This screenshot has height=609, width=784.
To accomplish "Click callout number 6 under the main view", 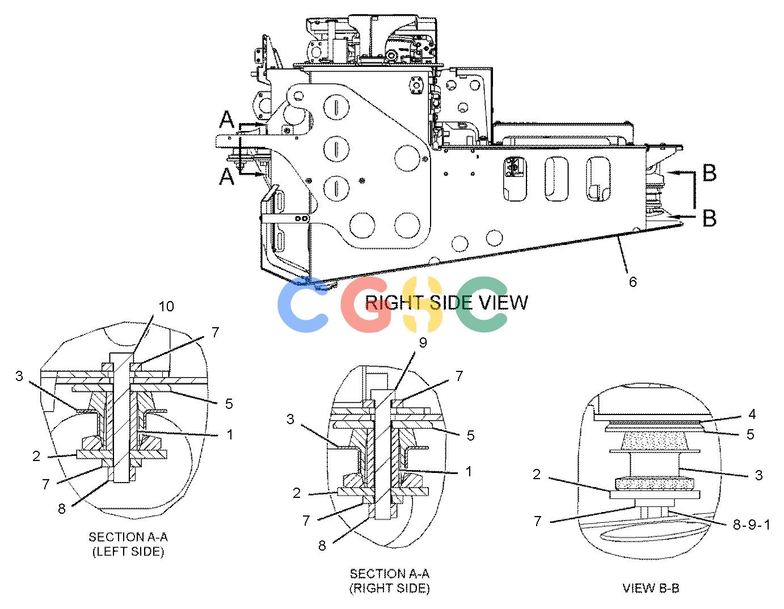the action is [x=633, y=282].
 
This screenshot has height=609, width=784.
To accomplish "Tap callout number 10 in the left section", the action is [x=166, y=306].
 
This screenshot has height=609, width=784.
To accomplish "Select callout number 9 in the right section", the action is [x=423, y=342].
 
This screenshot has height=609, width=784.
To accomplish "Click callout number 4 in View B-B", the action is [x=752, y=415].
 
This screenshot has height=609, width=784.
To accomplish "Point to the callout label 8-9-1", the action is [x=752, y=525].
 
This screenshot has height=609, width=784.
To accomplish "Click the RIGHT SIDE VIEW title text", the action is [x=446, y=303].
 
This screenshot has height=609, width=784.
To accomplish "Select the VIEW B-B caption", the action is [x=651, y=589].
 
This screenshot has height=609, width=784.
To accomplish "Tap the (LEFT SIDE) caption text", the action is [x=128, y=552].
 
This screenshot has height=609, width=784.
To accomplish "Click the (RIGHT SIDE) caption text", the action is [x=390, y=588].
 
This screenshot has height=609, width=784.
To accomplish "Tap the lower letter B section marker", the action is [x=709, y=218].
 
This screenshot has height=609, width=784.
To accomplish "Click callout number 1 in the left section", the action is [x=229, y=434].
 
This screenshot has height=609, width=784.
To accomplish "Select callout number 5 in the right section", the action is [x=470, y=435].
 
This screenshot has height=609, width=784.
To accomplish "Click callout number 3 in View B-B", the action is [x=758, y=475].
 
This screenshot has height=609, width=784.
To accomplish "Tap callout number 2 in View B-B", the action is [x=537, y=475].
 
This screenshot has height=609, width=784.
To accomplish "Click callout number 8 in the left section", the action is [x=62, y=509].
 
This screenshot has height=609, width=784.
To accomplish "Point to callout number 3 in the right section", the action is [x=290, y=420].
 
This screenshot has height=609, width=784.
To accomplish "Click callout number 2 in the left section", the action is [x=36, y=456].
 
